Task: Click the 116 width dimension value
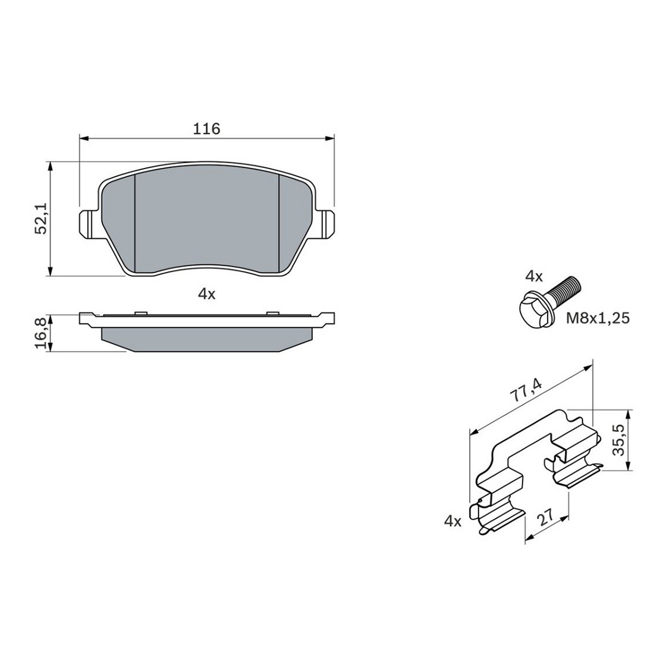207,129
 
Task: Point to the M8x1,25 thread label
598,318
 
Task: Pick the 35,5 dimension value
618,440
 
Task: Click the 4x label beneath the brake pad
207,295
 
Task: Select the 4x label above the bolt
534,277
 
